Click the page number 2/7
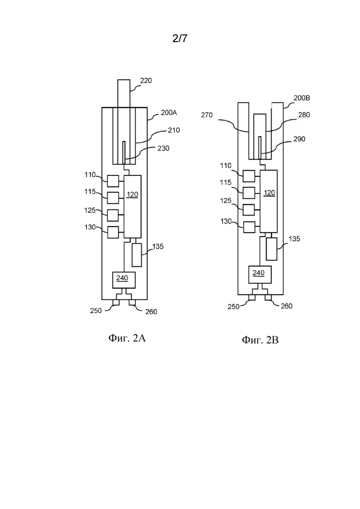[x=180, y=39]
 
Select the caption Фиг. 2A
[x=127, y=338]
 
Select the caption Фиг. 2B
[x=260, y=340]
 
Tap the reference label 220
[x=146, y=80]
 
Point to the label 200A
[x=169, y=113]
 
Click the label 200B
[x=301, y=98]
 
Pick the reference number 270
[x=207, y=115]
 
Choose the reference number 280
[x=304, y=114]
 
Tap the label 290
[x=299, y=139]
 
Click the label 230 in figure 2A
[x=163, y=148]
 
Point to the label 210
[x=174, y=130]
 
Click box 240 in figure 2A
[x=124, y=280]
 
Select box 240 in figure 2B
[x=260, y=274]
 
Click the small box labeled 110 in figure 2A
[x=113, y=181]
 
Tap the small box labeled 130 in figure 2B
[x=249, y=227]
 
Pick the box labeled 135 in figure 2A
[x=137, y=255]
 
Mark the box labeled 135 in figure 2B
[x=272, y=249]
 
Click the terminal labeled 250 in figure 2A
[x=116, y=303]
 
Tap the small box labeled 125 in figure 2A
[x=113, y=215]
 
